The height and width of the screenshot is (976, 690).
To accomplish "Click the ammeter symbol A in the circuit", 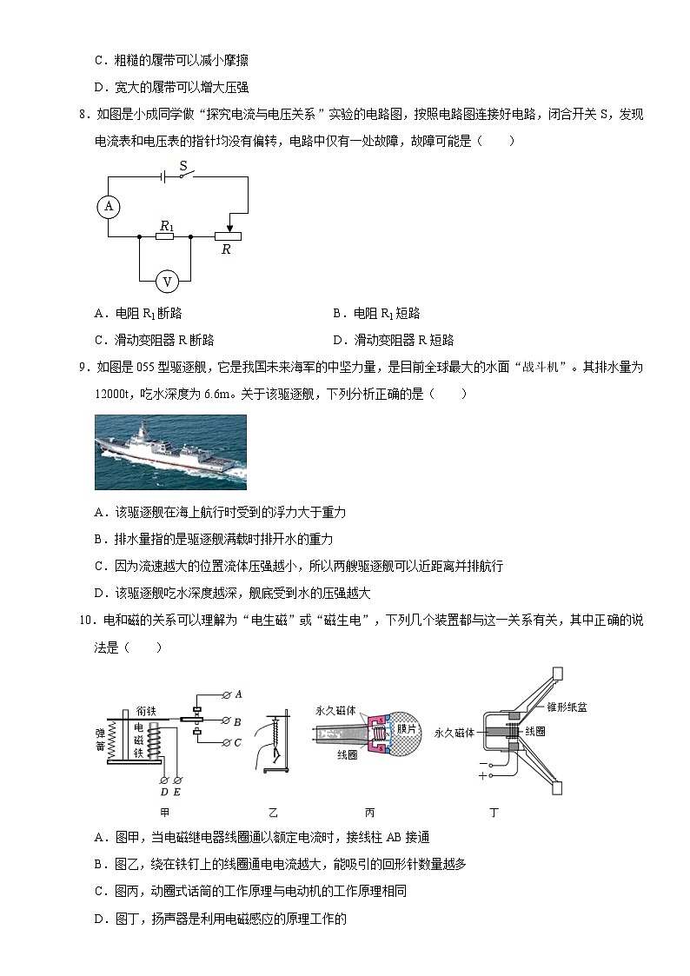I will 109,206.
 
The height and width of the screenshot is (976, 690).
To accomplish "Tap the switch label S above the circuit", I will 183,164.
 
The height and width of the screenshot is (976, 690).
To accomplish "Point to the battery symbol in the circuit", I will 163,176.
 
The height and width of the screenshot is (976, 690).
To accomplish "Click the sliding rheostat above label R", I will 227,236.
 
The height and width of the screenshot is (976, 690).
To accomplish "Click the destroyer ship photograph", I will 170,452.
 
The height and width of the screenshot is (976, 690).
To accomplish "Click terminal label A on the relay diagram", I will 238,694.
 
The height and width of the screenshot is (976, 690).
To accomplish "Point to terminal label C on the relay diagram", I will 238,742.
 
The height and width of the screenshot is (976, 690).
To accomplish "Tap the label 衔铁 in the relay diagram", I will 145,710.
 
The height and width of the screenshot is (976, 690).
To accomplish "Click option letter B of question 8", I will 337,314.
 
